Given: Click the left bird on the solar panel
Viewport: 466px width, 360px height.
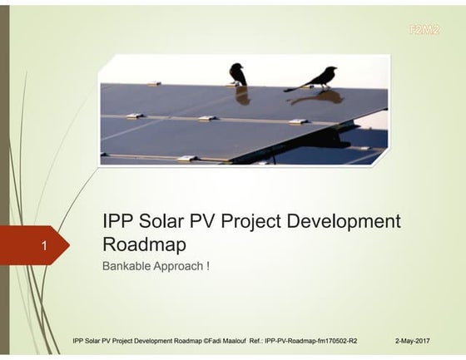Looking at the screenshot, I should [238, 74].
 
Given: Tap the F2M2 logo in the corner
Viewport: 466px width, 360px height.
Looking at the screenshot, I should [424, 30].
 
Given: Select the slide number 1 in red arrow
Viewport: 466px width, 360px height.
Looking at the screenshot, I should [43, 245].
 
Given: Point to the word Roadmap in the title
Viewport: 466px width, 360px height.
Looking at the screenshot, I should [144, 245].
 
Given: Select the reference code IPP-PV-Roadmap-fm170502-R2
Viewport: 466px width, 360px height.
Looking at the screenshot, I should [310, 341].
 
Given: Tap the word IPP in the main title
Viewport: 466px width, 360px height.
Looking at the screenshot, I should [117, 222].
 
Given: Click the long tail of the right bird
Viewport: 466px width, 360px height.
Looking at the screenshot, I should [293, 87].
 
